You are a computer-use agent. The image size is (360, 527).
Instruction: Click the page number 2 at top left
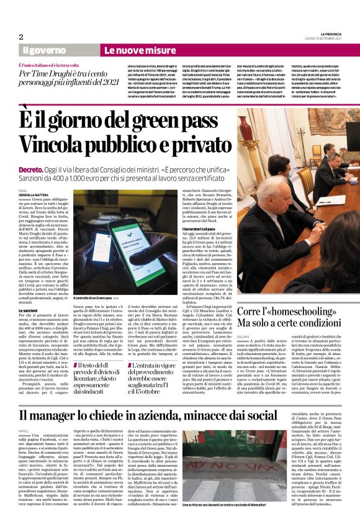pos(21,37)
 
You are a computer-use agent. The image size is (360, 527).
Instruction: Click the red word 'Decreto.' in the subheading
pos(31,151)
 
